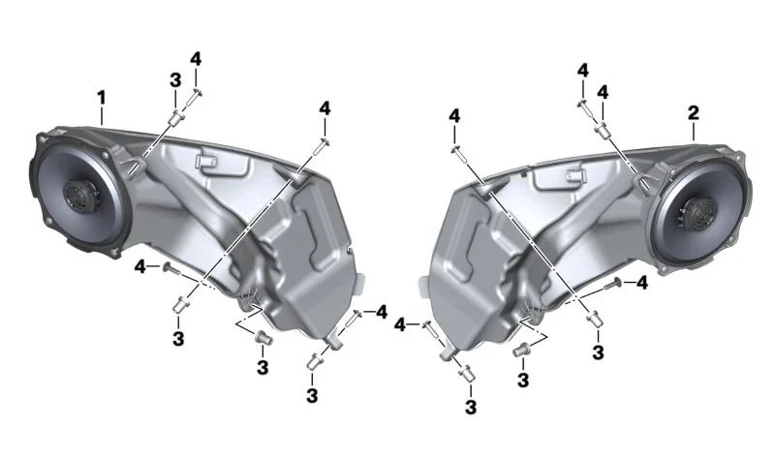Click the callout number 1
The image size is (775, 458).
click(x=102, y=98)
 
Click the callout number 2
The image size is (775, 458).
click(x=694, y=113)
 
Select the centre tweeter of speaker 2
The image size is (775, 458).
click(x=698, y=214)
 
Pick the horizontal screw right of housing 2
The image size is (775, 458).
click(x=613, y=284)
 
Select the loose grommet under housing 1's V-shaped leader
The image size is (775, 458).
click(x=263, y=339)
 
